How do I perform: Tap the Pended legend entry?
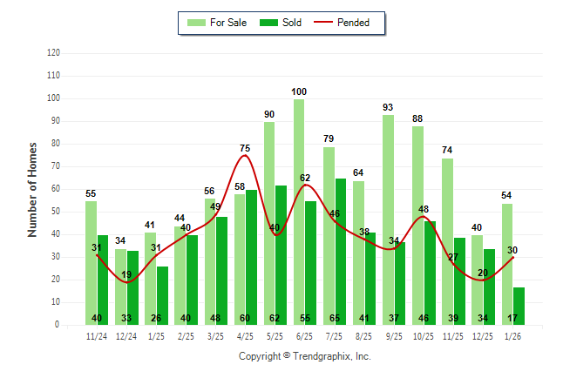coord(347,23)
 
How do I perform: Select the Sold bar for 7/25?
coord(340,252)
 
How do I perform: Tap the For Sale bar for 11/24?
coord(91,262)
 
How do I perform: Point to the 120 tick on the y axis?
coord(54,53)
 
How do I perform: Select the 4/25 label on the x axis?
coord(245,336)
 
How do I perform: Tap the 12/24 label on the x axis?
coord(126,336)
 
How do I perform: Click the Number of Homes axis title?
coord(33,189)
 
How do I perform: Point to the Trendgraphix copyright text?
coord(304,356)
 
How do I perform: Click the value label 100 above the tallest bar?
coord(299,91)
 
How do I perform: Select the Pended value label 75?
coord(245,148)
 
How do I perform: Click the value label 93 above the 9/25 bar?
coord(388,107)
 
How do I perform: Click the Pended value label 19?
coord(126,274)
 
